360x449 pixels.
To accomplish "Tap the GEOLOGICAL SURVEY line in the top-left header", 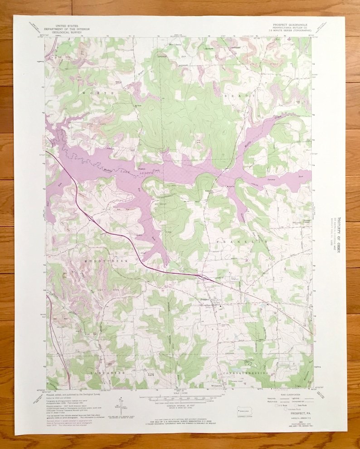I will click(x=70, y=33).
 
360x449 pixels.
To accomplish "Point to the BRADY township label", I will click(x=240, y=96).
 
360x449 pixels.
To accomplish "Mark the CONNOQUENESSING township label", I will click(x=248, y=372).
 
